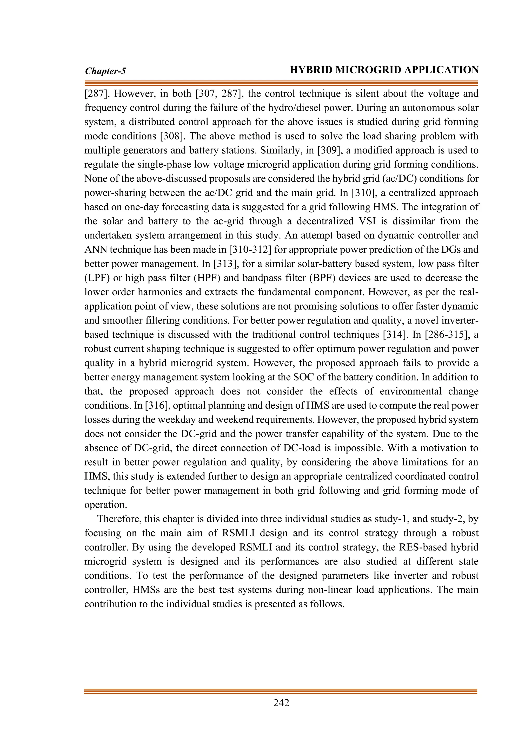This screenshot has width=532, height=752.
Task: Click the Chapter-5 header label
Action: click(x=105, y=71)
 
